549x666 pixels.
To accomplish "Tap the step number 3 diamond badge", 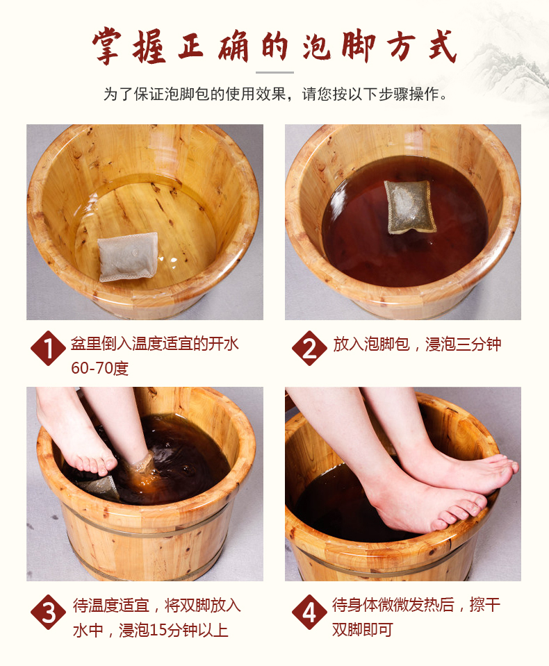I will point(48,612).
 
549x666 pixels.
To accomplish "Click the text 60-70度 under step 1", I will point(99,368).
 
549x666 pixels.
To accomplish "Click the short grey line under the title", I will point(274,72).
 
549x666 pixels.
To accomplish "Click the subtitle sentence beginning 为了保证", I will point(274,94).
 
